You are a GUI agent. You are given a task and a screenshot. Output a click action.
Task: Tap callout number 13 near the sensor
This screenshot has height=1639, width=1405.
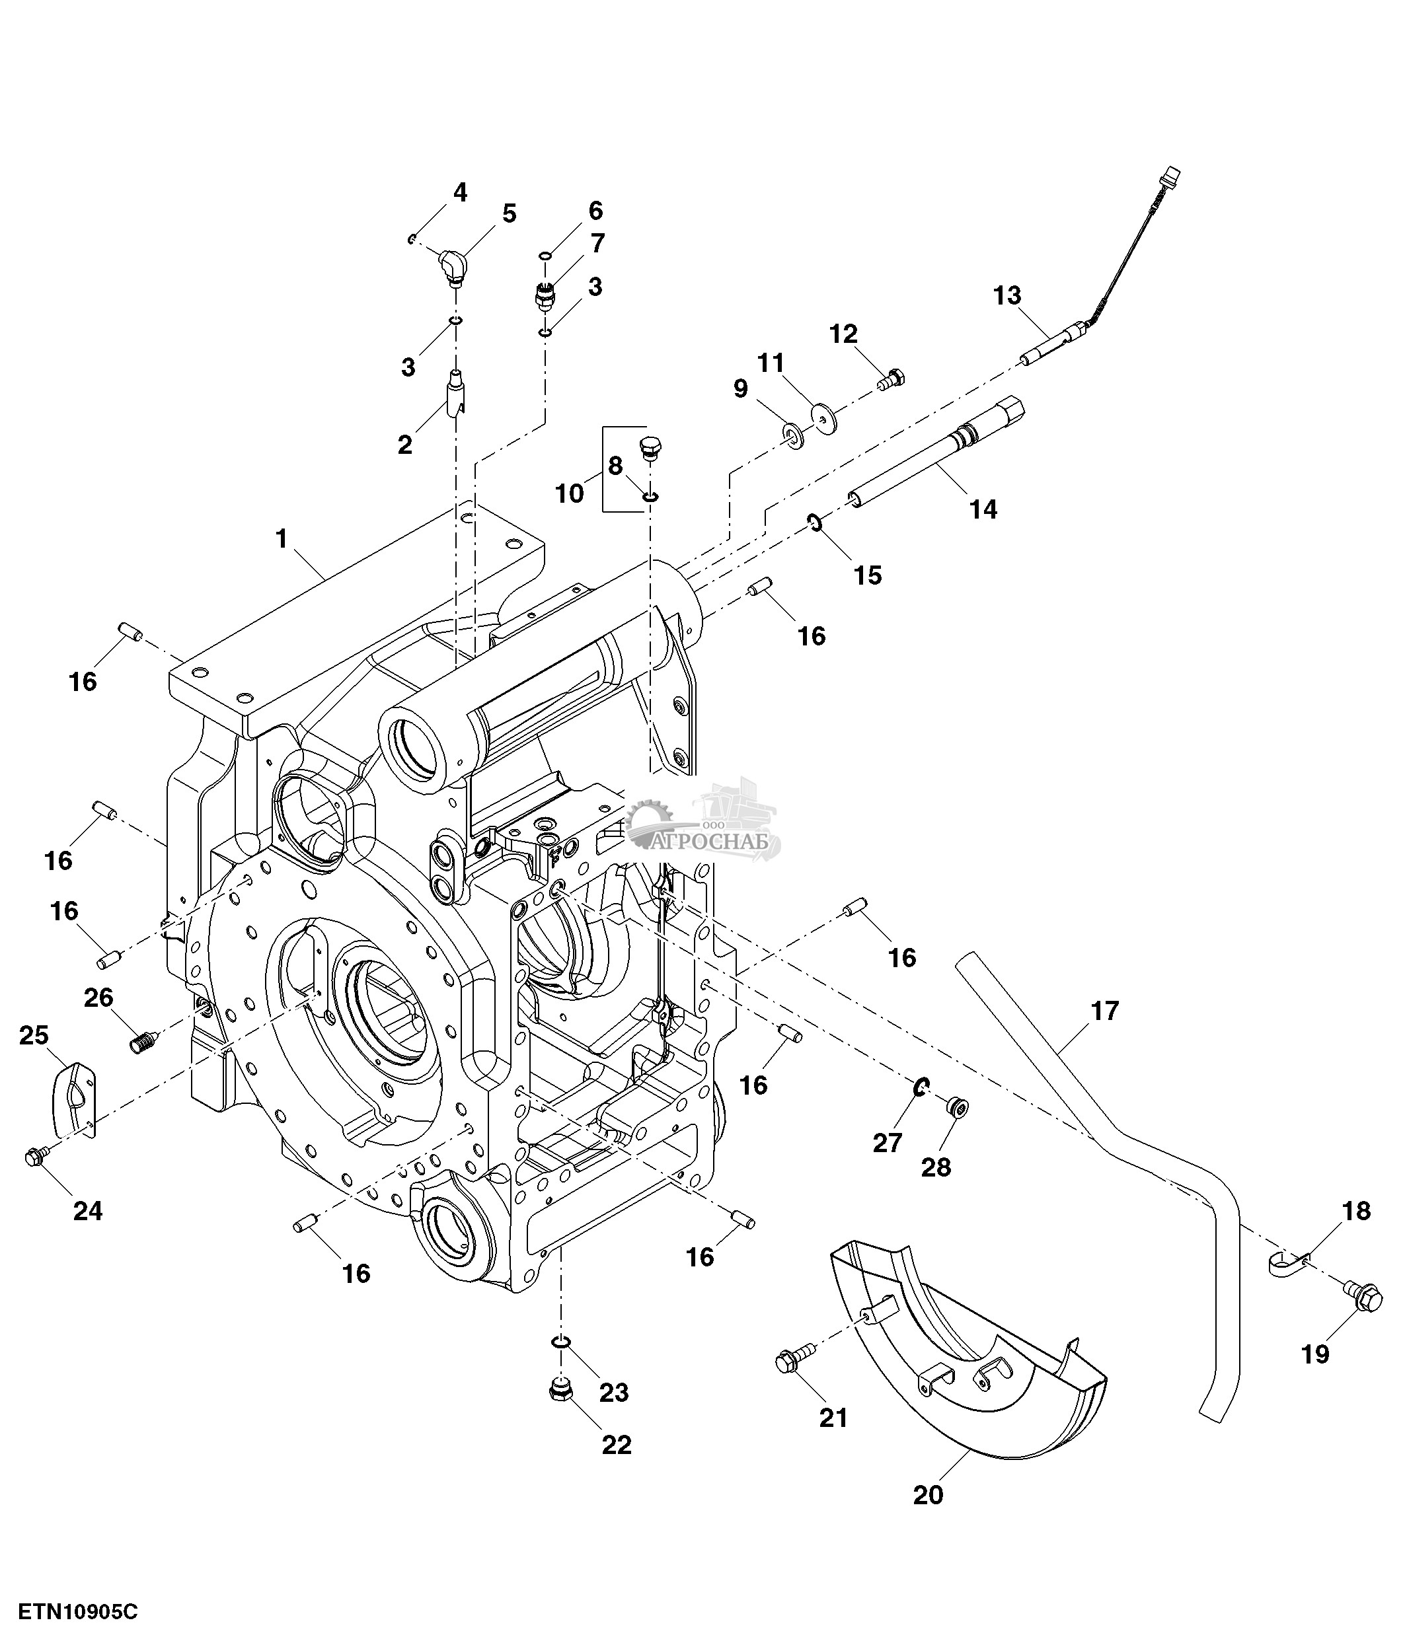(1007, 296)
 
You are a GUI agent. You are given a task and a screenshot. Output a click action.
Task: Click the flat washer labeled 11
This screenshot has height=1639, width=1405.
(823, 412)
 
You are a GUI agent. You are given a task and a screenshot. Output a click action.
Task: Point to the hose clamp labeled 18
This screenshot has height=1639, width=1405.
(1285, 1263)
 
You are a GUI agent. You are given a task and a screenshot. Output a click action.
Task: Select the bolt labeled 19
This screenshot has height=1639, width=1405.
(1361, 1298)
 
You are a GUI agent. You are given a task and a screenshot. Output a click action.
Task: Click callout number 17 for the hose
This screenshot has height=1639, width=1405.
(1104, 1011)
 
